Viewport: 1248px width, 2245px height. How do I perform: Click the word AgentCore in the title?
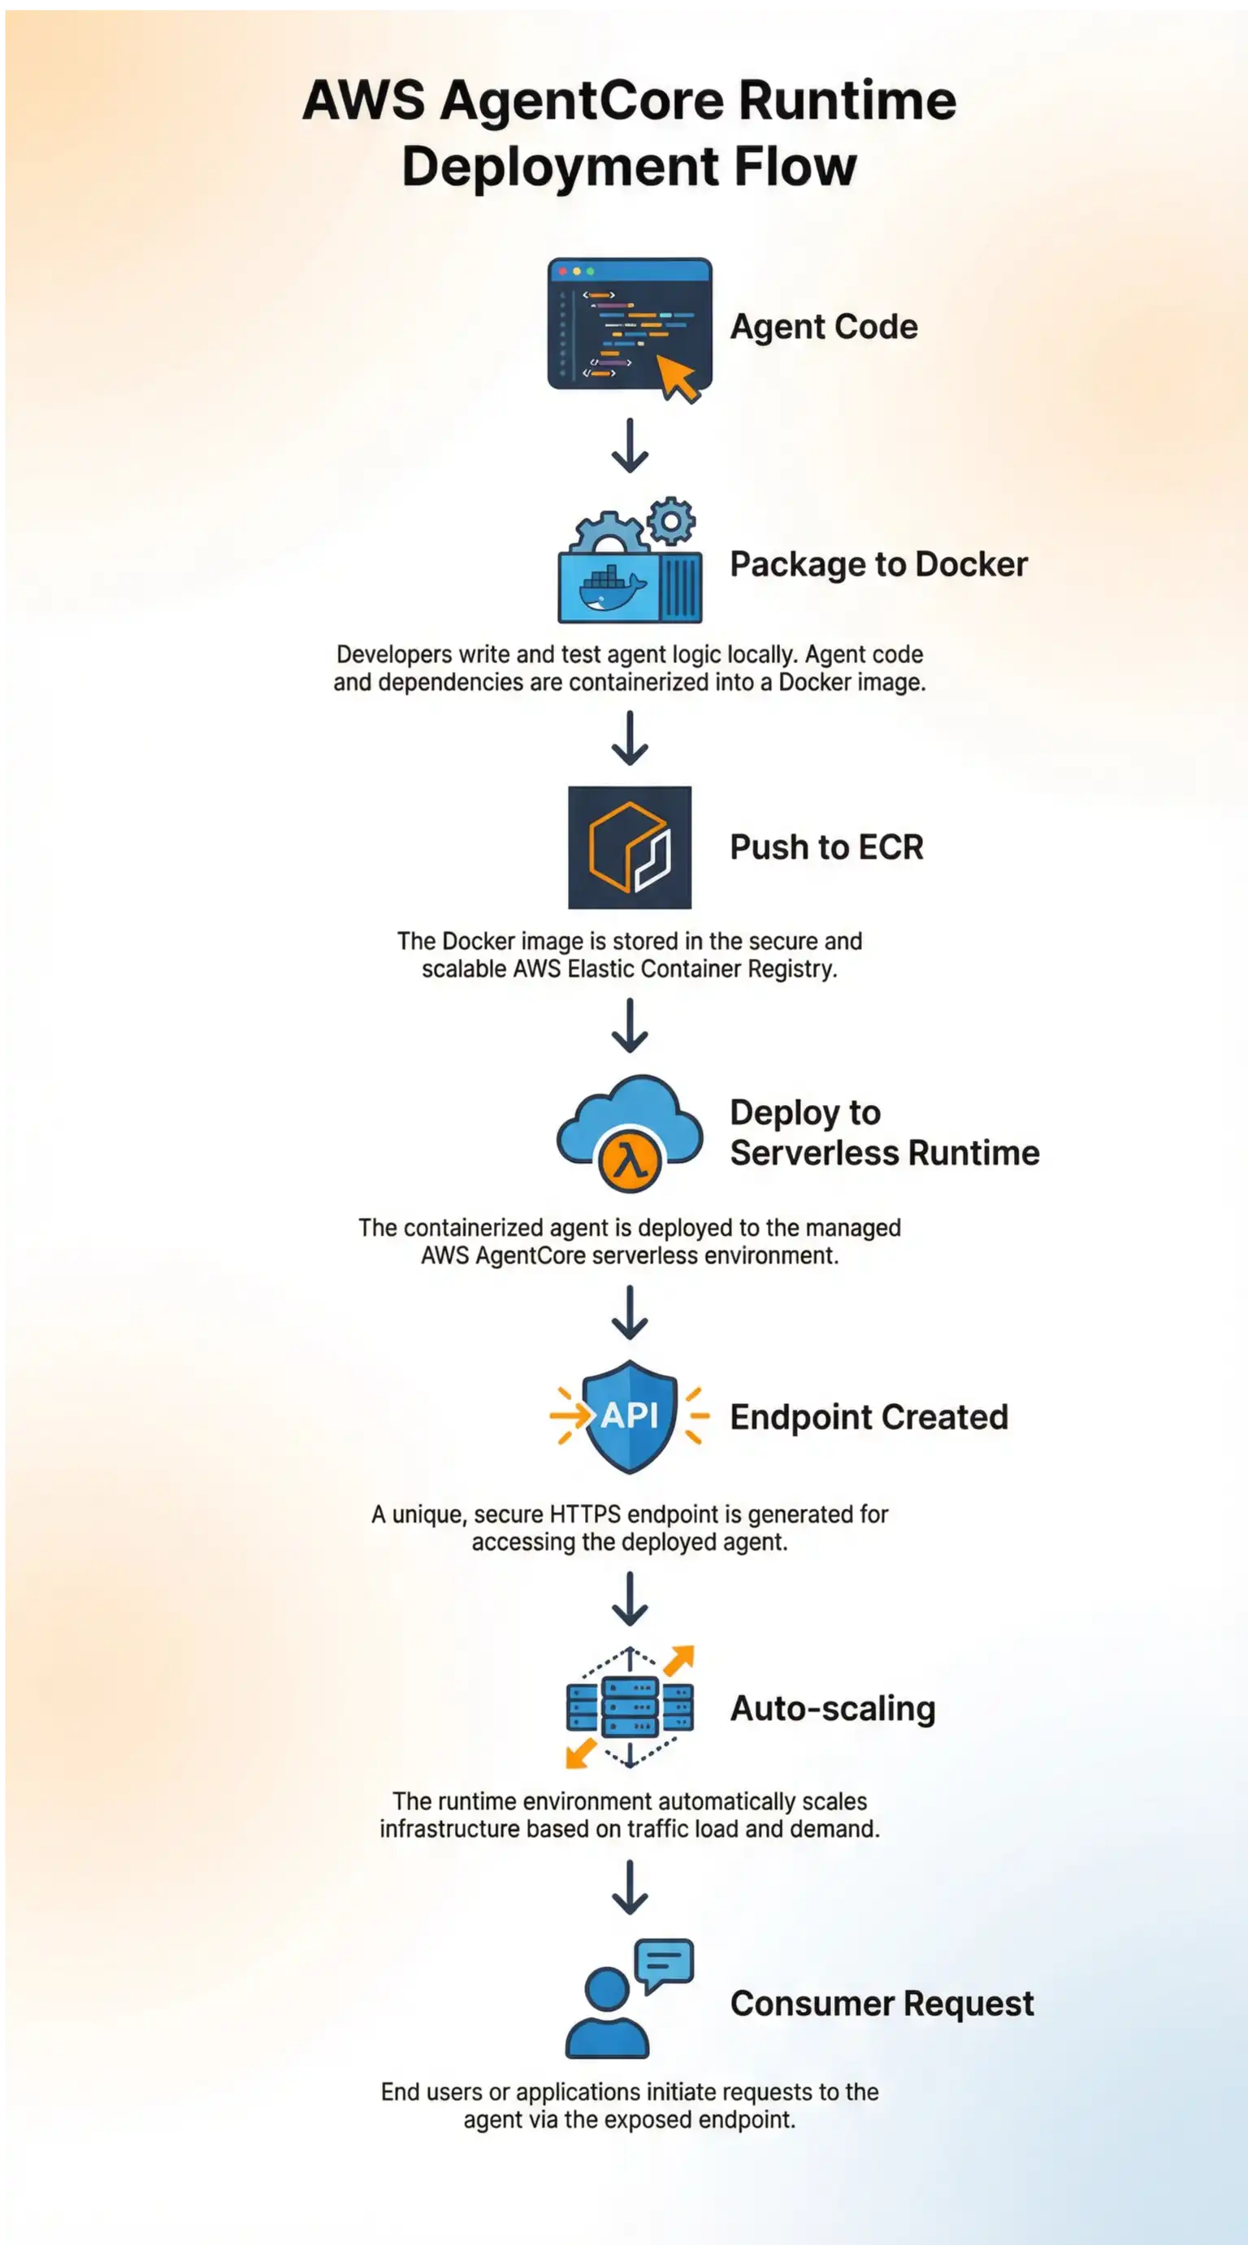(581, 101)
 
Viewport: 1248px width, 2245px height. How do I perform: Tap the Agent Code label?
(824, 327)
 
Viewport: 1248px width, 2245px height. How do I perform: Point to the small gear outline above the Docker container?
(671, 521)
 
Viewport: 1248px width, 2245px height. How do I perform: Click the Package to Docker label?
(878, 565)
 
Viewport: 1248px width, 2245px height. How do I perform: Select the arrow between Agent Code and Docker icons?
(629, 445)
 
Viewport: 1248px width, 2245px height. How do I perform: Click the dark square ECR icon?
(629, 847)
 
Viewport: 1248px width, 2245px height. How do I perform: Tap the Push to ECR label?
(826, 847)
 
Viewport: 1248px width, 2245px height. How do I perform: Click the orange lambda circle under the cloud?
(629, 1161)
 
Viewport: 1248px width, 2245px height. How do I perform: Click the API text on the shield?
(629, 1416)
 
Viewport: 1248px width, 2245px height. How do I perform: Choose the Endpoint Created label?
(869, 1417)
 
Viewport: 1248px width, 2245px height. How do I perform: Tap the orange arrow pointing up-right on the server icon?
(679, 1660)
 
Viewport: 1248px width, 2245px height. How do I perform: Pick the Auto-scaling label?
(832, 1708)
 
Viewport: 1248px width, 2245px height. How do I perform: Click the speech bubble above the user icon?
(664, 1962)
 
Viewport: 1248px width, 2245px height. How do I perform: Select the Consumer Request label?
(882, 2004)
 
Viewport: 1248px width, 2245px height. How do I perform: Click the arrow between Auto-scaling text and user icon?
(629, 1887)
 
